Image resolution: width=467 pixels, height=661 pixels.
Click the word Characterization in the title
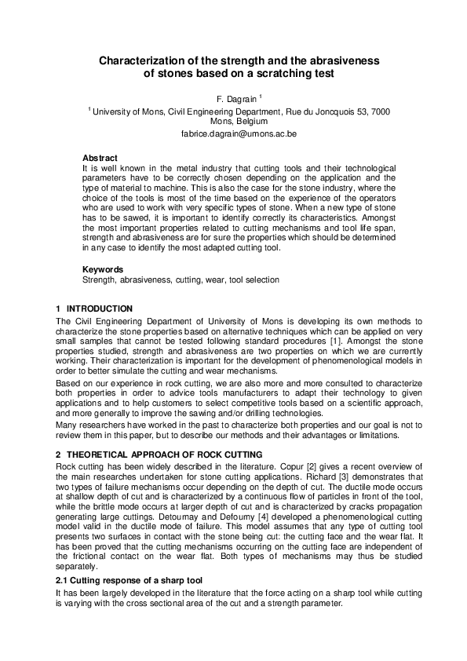click(x=144, y=60)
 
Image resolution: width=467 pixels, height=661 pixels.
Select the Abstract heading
click(x=100, y=159)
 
